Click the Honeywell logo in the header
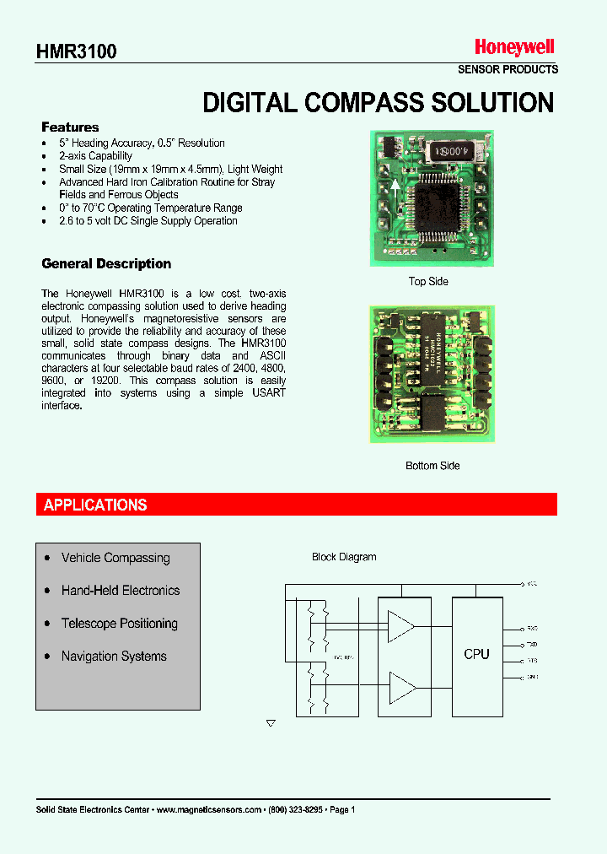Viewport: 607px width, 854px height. click(514, 48)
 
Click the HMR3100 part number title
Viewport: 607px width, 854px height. click(76, 51)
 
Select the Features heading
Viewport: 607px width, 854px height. click(70, 127)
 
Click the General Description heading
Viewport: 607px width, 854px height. click(106, 264)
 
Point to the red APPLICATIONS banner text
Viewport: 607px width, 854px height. click(95, 505)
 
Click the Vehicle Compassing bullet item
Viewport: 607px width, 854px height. click(115, 558)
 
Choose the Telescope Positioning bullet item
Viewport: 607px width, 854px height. click(120, 624)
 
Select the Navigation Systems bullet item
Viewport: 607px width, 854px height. click(114, 657)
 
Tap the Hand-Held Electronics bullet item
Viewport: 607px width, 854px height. click(121, 591)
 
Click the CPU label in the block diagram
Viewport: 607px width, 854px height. click(476, 654)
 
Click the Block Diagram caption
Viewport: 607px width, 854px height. click(344, 557)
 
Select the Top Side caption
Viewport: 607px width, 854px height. click(428, 282)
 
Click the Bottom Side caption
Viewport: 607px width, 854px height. click(432, 466)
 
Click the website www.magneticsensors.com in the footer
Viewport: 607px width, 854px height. click(209, 809)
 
